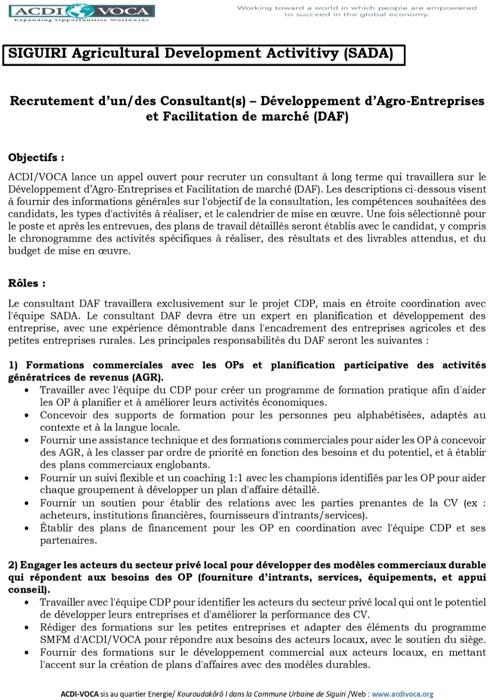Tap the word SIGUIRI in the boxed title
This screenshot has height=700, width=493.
pyautogui.click(x=37, y=53)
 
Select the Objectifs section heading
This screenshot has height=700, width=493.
pyautogui.click(x=36, y=158)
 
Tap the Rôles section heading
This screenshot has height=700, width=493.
pyautogui.click(x=27, y=283)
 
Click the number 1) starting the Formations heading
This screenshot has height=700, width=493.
pyautogui.click(x=13, y=366)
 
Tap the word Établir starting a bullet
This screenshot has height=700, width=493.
pyautogui.click(x=56, y=528)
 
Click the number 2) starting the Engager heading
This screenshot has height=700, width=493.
pyautogui.click(x=13, y=565)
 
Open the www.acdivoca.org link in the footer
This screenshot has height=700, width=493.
pyautogui.click(x=402, y=694)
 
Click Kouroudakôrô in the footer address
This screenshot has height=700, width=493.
pyautogui.click(x=200, y=694)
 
